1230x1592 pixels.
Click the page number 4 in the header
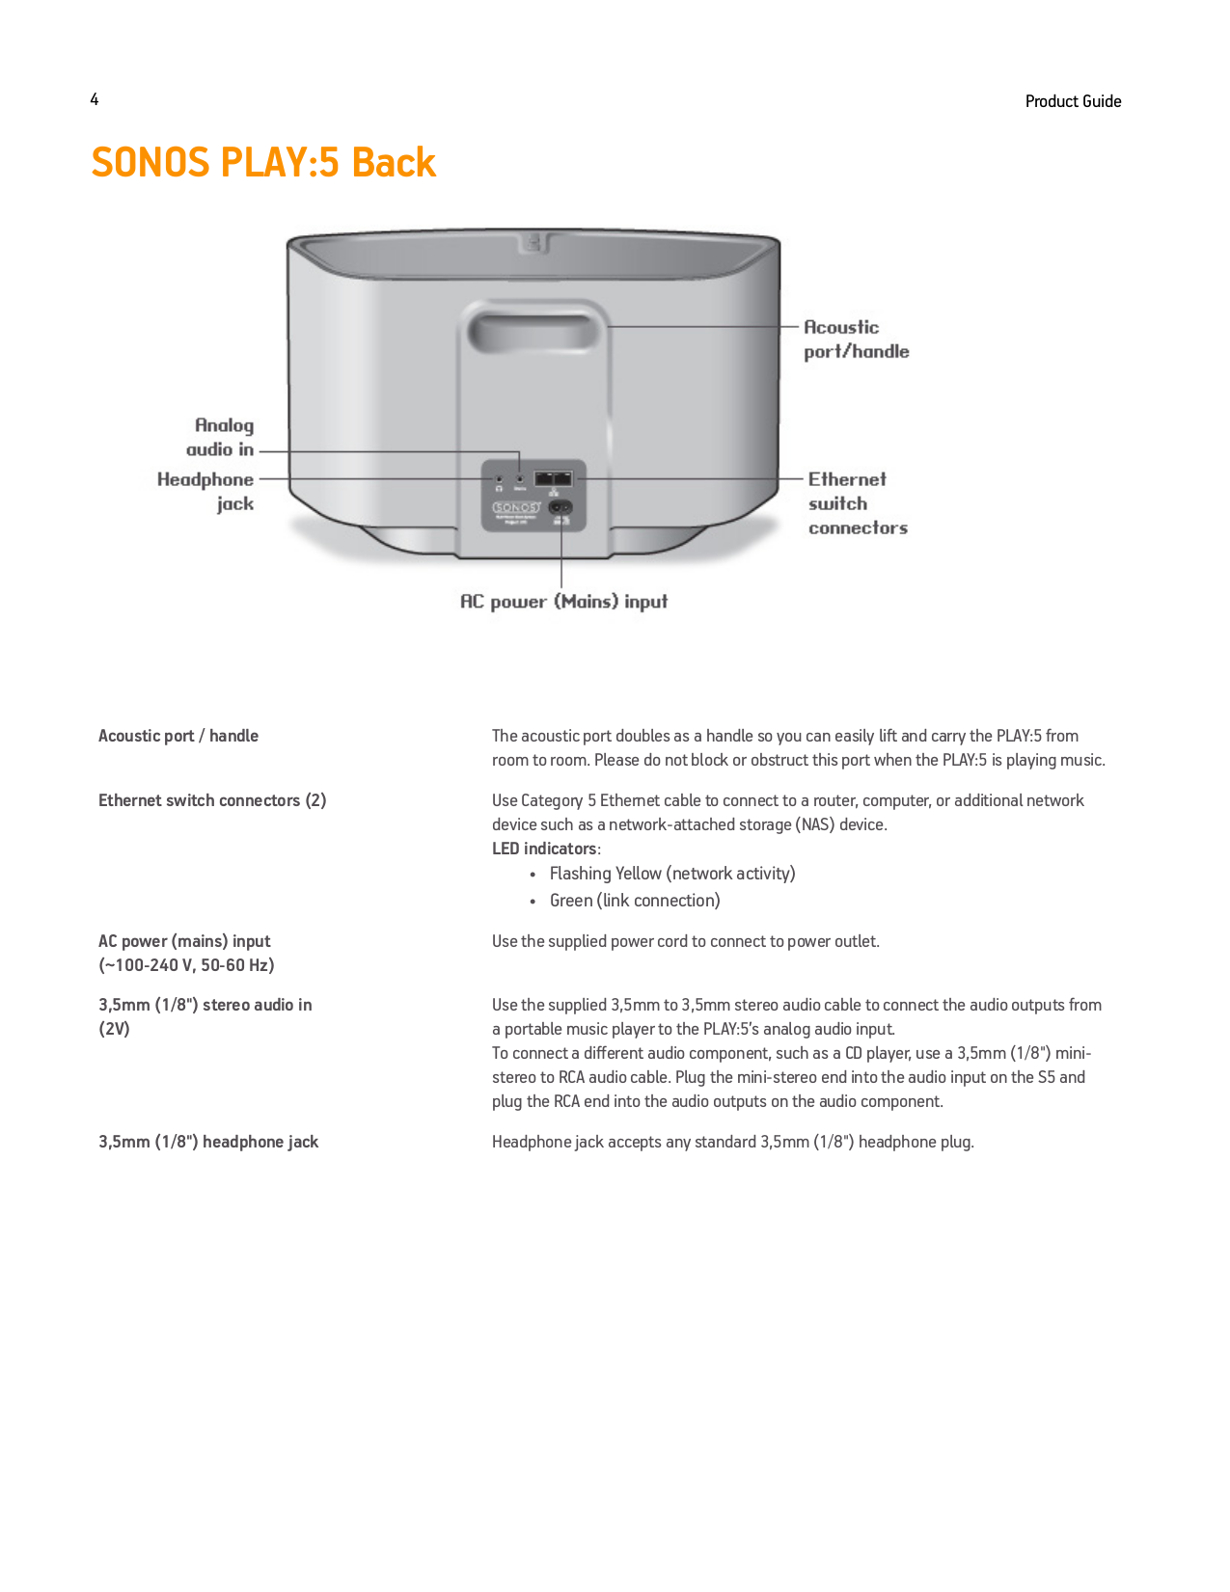point(95,99)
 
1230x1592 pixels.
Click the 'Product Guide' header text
point(1073,101)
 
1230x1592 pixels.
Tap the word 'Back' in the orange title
point(394,162)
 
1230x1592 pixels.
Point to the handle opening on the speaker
point(533,331)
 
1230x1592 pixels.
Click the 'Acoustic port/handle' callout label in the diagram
point(856,339)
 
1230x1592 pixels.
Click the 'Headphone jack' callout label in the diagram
point(206,491)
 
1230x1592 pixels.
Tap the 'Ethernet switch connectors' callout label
point(857,503)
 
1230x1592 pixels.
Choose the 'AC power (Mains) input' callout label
point(563,602)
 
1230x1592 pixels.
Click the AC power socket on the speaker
point(560,507)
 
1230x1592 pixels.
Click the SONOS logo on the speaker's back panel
point(516,507)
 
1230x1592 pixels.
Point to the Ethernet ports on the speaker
point(554,478)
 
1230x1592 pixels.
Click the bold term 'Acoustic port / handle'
point(178,736)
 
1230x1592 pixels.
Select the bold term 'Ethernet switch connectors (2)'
point(212,800)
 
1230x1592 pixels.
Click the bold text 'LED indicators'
point(545,849)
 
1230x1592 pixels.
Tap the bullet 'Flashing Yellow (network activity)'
point(672,874)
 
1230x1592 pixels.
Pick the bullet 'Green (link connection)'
point(635,901)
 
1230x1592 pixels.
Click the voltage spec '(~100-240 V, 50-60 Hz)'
point(186,965)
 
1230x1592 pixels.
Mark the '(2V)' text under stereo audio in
point(114,1029)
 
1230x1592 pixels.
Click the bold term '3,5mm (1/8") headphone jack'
point(208,1142)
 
